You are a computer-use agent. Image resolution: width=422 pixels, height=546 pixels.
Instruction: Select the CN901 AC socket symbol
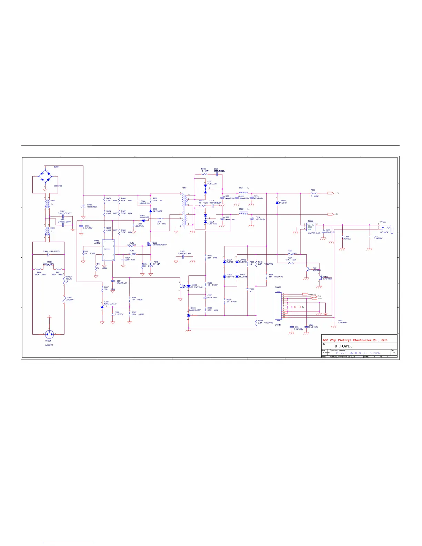click(49, 334)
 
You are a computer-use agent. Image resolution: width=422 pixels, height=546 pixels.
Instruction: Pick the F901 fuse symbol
click(64, 300)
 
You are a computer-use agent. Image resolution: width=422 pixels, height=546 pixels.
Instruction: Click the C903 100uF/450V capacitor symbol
click(83, 206)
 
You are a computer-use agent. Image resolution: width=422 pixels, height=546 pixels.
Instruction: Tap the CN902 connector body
click(278, 306)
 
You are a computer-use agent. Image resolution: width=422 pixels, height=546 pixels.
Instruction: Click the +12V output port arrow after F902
click(330, 193)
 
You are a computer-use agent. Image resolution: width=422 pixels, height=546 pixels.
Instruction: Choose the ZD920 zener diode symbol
click(277, 203)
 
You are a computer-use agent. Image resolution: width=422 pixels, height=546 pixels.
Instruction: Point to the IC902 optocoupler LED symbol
click(188, 286)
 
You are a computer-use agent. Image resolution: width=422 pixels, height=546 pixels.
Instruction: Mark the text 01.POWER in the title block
click(343, 346)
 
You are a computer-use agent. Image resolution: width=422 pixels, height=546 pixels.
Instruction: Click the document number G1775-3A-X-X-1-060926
click(358, 353)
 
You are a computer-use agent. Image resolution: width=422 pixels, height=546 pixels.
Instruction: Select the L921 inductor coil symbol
click(243, 192)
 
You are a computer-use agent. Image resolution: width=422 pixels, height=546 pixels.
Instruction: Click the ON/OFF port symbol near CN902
click(305, 294)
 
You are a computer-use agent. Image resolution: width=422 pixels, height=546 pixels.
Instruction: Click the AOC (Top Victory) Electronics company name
click(355, 340)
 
